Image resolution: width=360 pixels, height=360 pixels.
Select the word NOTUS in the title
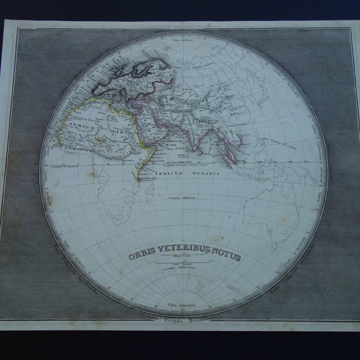tap(227, 257)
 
